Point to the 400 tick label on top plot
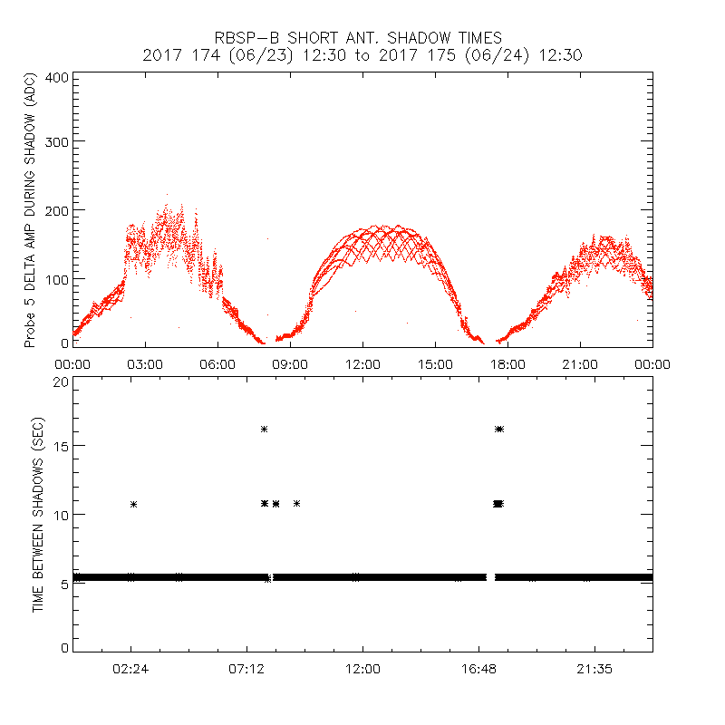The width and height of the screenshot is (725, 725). click(56, 77)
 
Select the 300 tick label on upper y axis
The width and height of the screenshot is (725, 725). click(56, 141)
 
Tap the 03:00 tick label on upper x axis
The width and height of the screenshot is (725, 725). click(145, 363)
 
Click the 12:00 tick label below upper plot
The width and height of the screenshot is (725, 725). click(362, 363)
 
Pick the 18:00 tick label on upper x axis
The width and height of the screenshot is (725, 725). click(507, 363)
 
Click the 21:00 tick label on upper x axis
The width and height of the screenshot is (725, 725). click(580, 363)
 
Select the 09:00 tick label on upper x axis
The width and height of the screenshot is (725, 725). click(290, 363)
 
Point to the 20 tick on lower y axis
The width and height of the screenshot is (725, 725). click(60, 382)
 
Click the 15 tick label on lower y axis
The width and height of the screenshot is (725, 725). click(60, 446)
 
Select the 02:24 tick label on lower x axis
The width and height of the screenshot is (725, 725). click(130, 668)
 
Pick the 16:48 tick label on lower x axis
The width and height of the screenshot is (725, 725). click(478, 668)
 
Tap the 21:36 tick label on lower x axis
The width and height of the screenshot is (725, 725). click(594, 668)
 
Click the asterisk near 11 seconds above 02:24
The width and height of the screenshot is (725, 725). click(134, 504)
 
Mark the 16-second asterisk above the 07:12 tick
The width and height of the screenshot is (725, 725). click(264, 429)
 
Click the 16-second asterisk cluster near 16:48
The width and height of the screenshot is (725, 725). click(499, 429)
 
